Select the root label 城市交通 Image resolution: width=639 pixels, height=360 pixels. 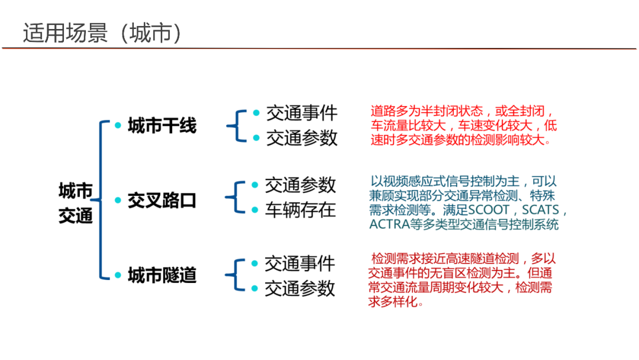point(76,202)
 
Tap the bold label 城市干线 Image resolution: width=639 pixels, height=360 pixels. point(162,126)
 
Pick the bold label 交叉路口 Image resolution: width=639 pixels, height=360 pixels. point(162,201)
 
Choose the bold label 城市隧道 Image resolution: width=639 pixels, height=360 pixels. point(162,275)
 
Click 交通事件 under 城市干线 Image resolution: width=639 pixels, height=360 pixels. point(301,112)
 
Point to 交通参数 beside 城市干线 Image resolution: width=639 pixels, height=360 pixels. point(301,138)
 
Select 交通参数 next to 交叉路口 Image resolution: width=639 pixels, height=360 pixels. point(300,185)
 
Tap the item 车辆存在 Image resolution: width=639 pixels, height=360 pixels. point(300,210)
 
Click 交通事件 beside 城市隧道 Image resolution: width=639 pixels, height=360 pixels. point(300,263)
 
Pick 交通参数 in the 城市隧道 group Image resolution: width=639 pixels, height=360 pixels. point(300,288)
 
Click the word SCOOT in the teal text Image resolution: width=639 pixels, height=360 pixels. point(489,211)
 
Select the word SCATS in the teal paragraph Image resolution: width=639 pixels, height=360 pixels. point(541,211)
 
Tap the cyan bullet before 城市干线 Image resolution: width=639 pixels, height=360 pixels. point(118,126)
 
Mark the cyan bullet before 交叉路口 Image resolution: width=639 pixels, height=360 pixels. point(118,201)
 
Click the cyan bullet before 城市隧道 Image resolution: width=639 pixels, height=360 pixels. point(118,275)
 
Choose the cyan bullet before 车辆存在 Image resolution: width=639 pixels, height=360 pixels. point(255,210)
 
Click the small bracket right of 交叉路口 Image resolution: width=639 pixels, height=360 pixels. point(234,197)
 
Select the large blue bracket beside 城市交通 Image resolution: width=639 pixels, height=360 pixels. point(101,200)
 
